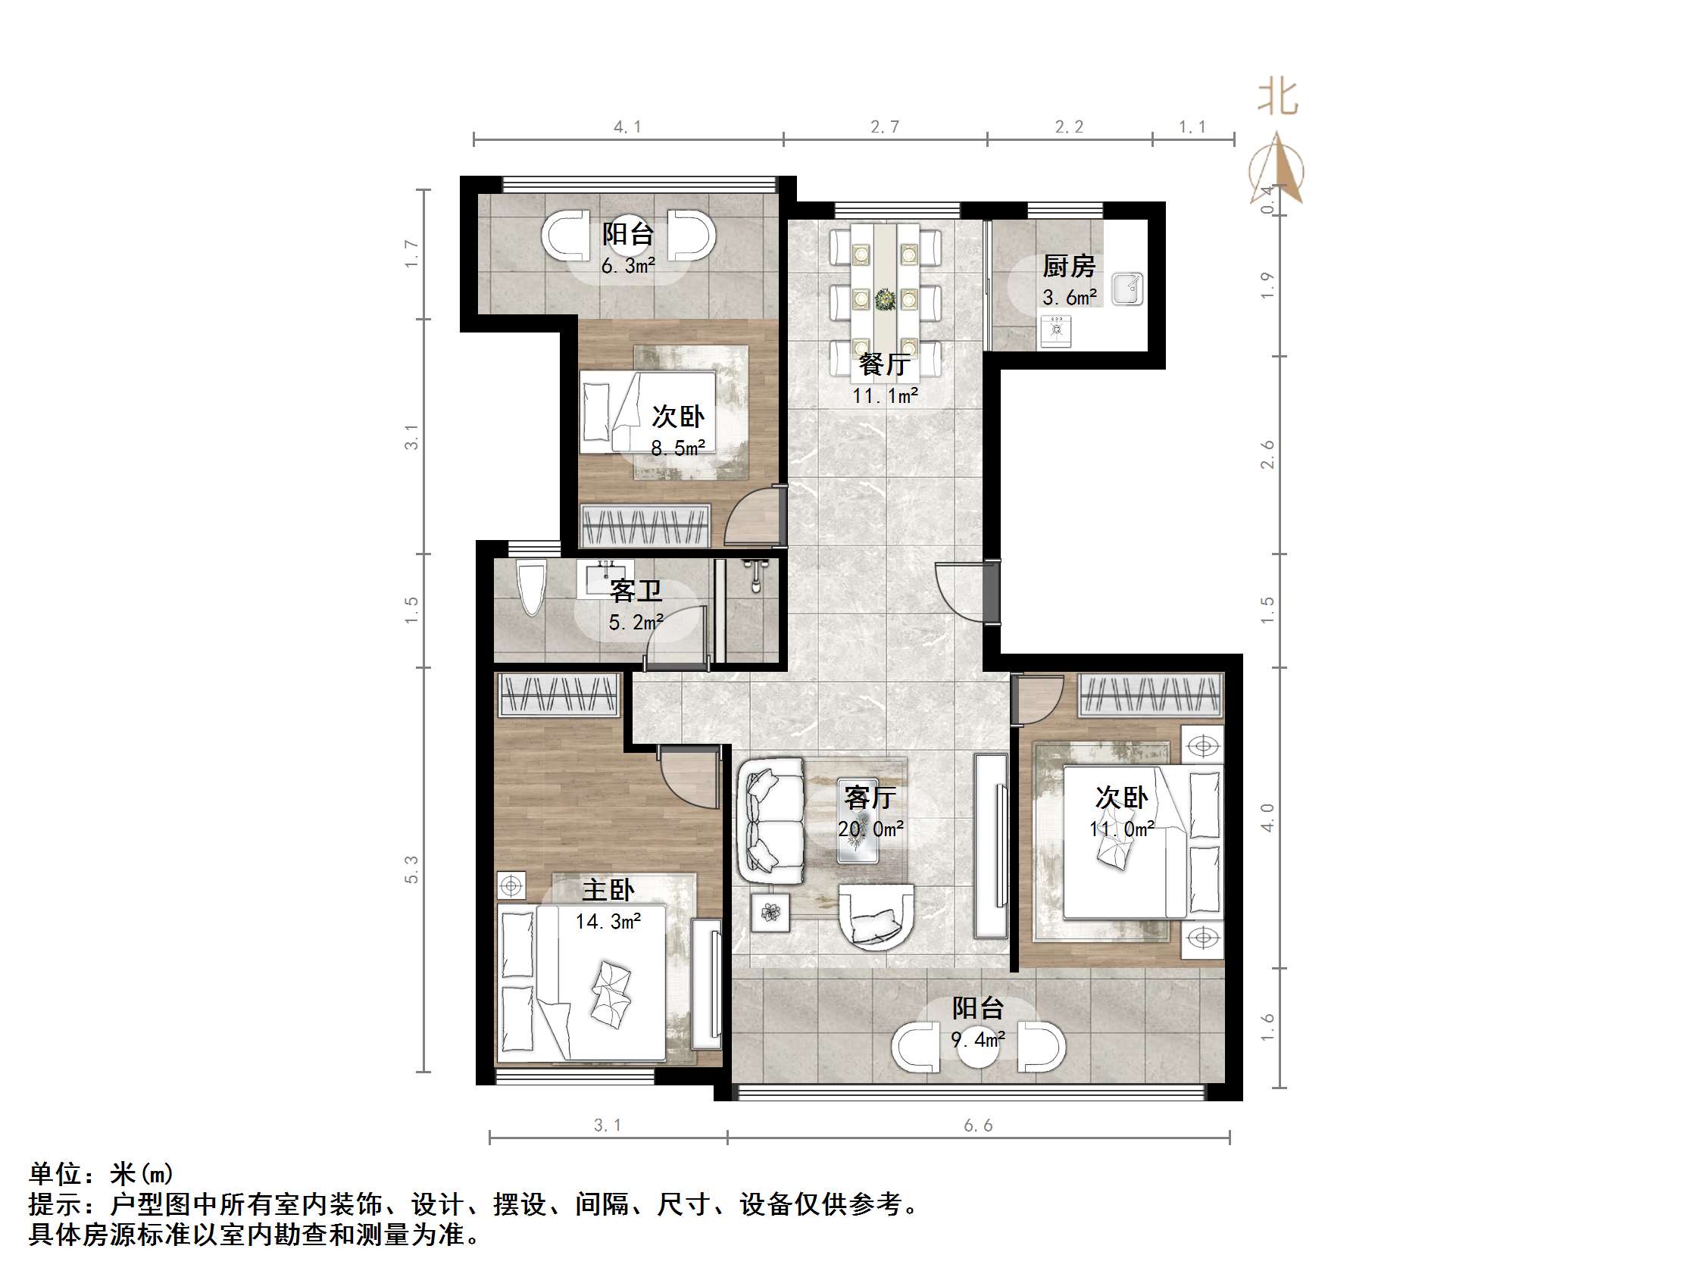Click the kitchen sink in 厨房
(1128, 288)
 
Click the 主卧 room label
(608, 891)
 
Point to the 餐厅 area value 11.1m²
(885, 396)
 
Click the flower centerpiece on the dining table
(886, 298)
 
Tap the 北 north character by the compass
(1278, 98)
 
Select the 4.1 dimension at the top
(627, 127)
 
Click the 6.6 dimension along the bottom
(978, 1126)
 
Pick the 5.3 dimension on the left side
(412, 869)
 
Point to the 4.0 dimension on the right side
(1268, 817)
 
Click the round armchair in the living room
(876, 916)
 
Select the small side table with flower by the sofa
(770, 913)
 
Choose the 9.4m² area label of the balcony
(978, 1041)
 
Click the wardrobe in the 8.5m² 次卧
(645, 526)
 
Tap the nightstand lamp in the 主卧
(511, 886)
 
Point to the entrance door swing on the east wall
(961, 589)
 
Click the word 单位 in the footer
(56, 1174)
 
